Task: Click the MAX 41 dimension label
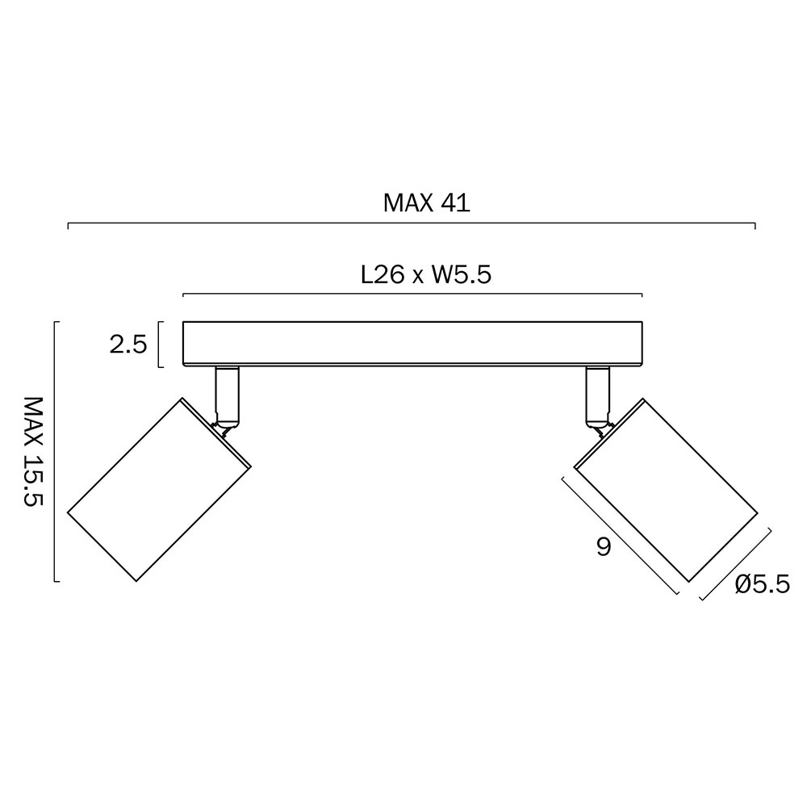pyautogui.click(x=426, y=203)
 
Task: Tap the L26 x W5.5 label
pyautogui.click(x=426, y=275)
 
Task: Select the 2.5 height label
pyautogui.click(x=128, y=345)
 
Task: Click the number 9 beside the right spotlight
pyautogui.click(x=604, y=548)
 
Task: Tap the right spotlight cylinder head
pyautogui.click(x=666, y=489)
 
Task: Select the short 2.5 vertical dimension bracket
pyautogui.click(x=160, y=345)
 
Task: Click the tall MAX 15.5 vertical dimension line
pyautogui.click(x=55, y=451)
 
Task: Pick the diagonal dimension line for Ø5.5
pyautogui.click(x=735, y=564)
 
